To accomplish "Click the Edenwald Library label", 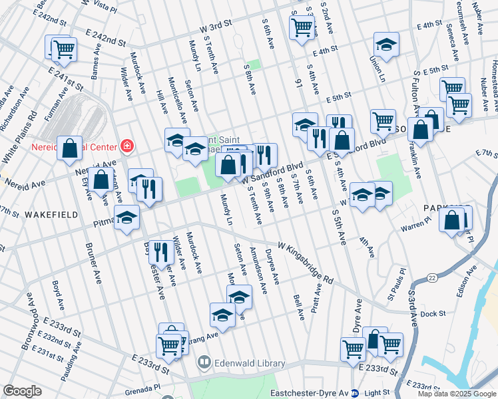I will point(249,364).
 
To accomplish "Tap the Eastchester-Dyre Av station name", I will point(315,392).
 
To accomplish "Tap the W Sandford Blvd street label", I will point(272,173).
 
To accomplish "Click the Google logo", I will point(22,391).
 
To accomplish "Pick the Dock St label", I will point(432,313).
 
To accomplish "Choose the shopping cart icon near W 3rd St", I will point(302,27).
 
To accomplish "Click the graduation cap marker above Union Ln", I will point(385,45).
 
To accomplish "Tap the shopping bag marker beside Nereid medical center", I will point(70,149).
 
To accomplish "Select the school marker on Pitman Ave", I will point(126,218).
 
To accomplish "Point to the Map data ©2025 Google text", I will point(457,394).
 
